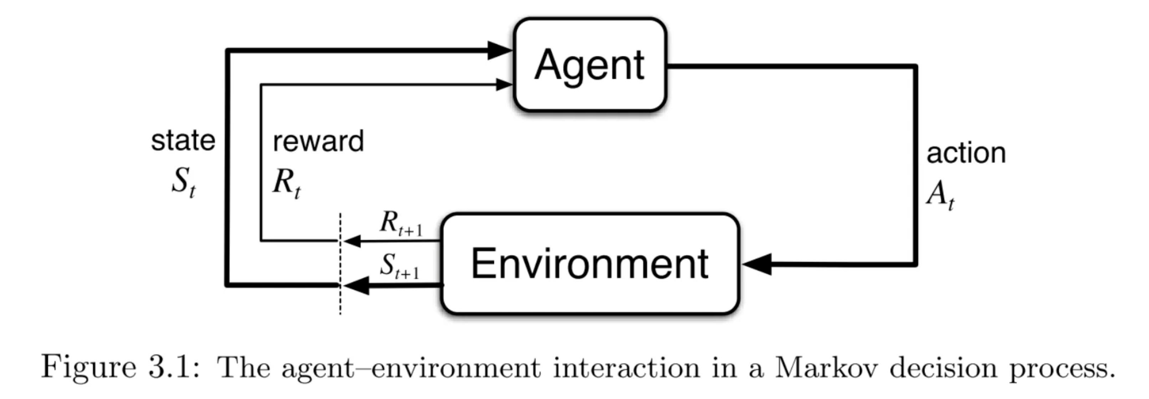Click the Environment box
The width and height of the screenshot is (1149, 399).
pos(590,264)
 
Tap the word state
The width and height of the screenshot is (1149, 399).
pos(183,141)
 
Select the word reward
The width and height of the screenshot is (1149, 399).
pos(318,142)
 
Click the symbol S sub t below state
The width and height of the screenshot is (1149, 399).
pos(183,182)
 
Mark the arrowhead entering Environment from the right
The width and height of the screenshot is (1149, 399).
pos(757,264)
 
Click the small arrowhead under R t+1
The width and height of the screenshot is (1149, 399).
pos(353,241)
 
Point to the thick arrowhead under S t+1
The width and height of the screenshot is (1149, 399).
pos(357,285)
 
